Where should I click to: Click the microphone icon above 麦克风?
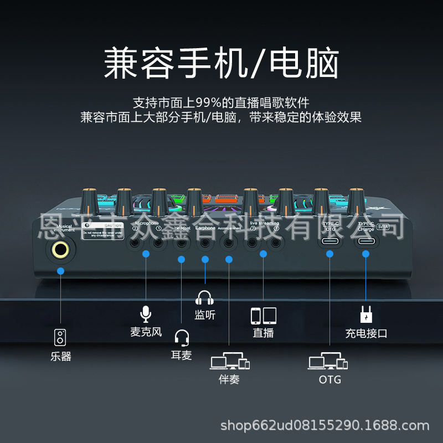146,314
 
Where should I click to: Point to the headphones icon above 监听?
204,298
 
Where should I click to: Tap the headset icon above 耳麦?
182,337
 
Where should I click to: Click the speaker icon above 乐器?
61,337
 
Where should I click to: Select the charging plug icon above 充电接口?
366,315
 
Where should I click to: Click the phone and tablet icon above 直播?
263,315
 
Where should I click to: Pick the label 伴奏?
229,380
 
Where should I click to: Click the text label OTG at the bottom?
330,380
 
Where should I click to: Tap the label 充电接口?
366,333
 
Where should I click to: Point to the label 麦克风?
146,332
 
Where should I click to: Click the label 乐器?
61,357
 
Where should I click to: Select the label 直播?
263,333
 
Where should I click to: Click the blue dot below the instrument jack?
61,271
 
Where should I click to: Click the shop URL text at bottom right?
325,426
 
